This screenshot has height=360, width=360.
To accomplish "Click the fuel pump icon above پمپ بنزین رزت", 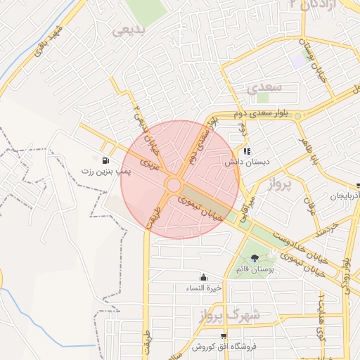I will [105, 160].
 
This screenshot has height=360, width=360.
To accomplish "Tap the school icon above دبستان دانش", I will [246, 151].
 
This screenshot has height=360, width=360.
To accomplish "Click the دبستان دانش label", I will [243, 162].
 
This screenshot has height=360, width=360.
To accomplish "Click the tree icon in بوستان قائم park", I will [255, 258].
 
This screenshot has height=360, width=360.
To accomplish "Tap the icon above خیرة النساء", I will [203, 276].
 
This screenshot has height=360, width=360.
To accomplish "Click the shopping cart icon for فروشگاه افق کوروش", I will [223, 336].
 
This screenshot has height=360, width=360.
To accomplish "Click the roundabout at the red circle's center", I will [174, 185].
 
